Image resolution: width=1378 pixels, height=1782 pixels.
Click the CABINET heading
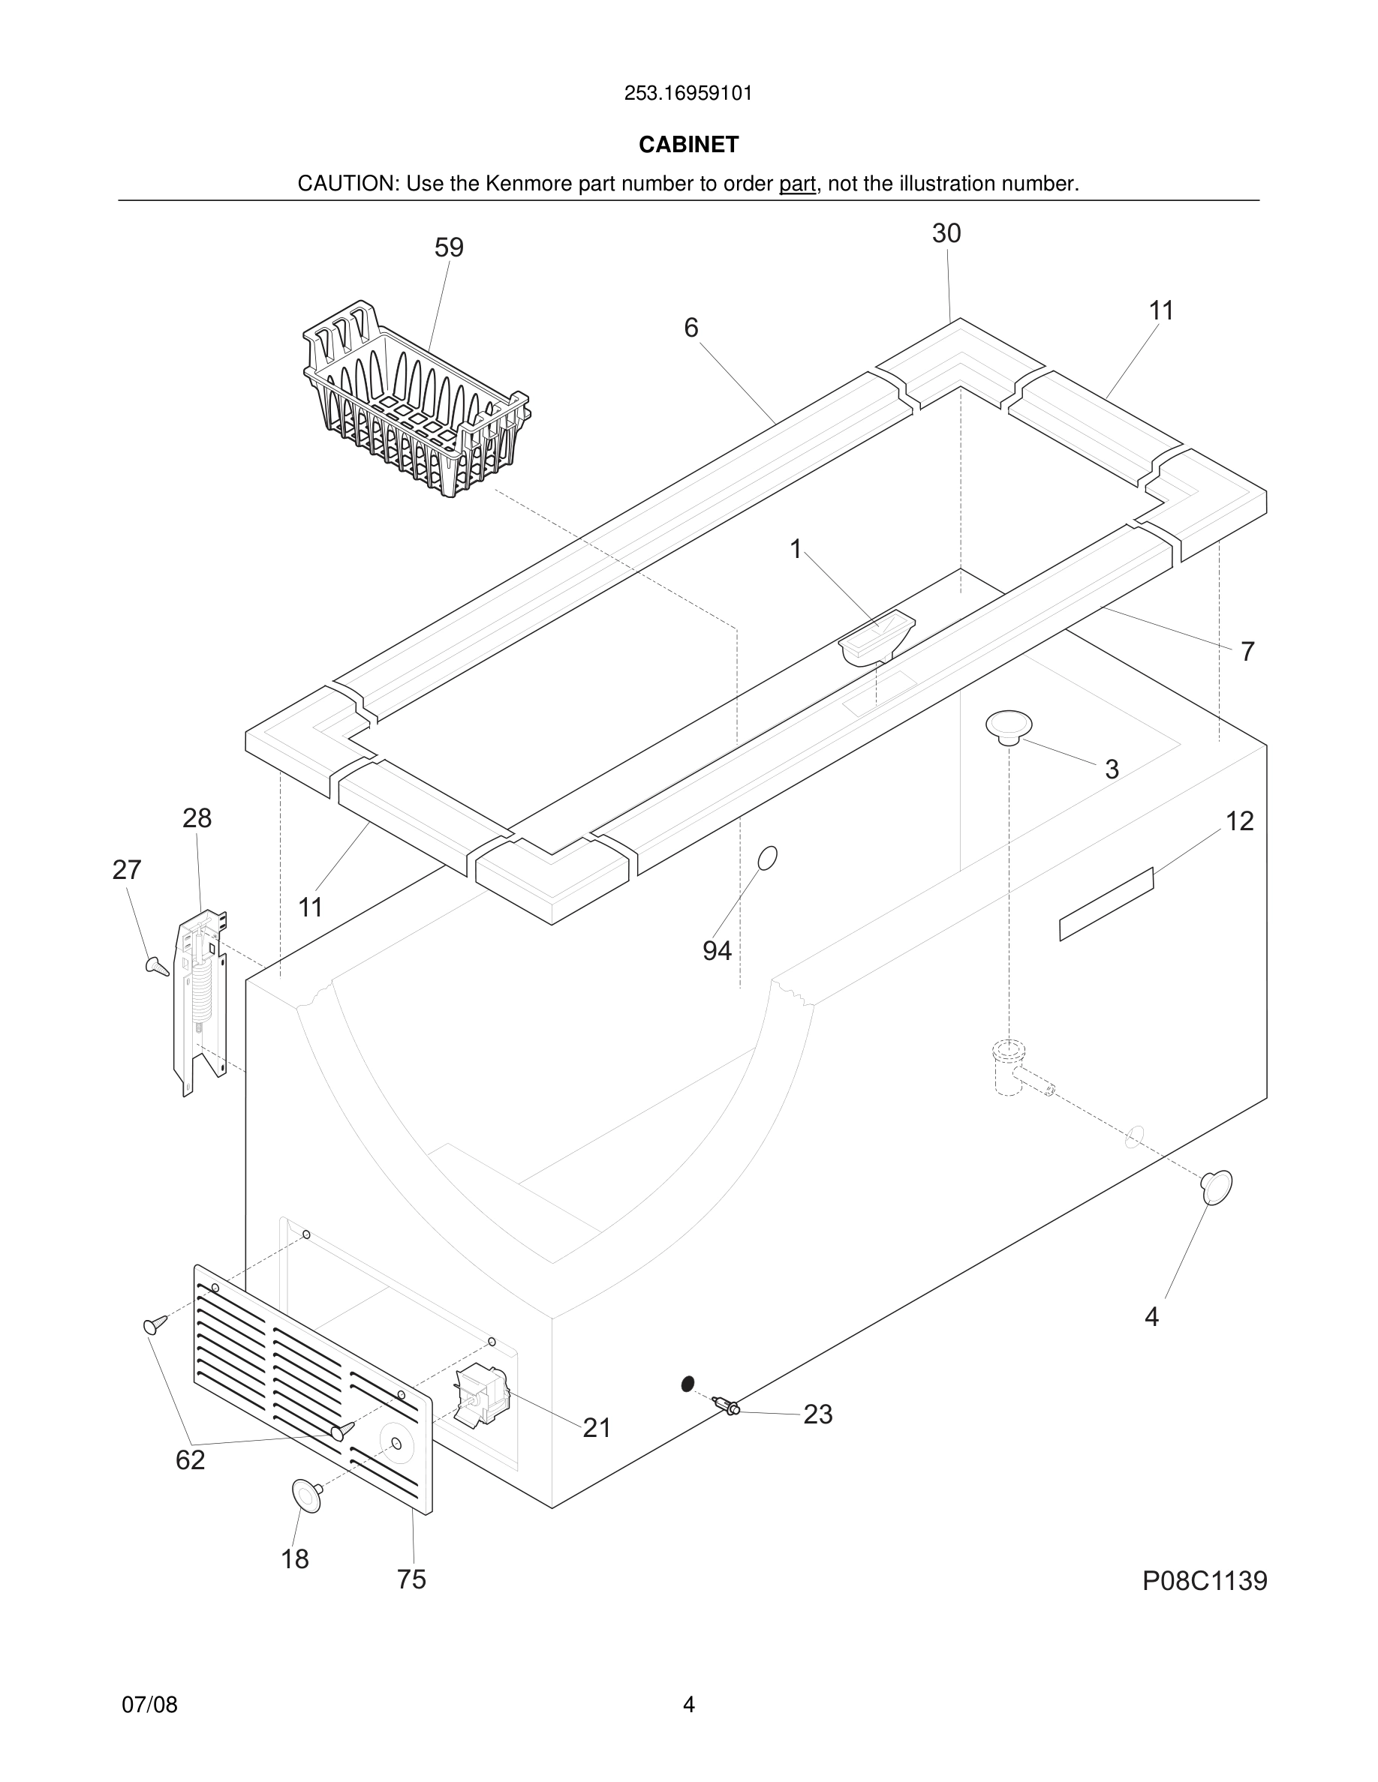688,145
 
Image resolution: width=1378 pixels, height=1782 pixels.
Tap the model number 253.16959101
688,94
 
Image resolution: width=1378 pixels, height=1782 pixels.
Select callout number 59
449,248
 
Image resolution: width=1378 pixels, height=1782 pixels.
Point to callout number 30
946,234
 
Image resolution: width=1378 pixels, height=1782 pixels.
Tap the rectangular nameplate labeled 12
1106,904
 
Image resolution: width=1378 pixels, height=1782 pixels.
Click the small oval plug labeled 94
767,857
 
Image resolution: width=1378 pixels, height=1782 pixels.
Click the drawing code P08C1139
1204,1580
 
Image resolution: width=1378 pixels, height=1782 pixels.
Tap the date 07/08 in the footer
149,1705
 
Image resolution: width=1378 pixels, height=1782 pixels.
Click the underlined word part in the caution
797,184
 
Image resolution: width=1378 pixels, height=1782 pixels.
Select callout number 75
411,1579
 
